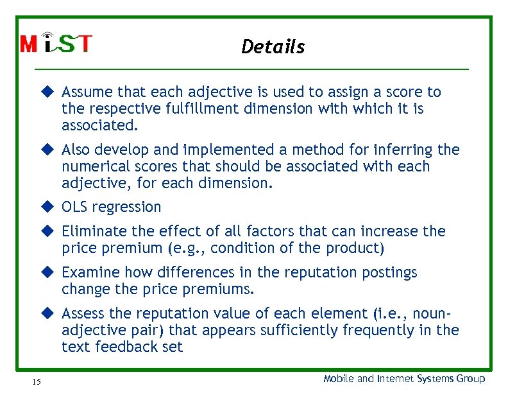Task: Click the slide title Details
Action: pyautogui.click(x=273, y=47)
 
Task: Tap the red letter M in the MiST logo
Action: pyautogui.click(x=29, y=44)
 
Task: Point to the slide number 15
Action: pyautogui.click(x=36, y=382)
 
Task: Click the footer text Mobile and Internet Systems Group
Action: pyautogui.click(x=404, y=379)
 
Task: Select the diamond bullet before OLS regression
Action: pyautogui.click(x=47, y=207)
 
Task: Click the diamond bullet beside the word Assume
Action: pyautogui.click(x=47, y=92)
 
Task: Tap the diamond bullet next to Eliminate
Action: pyautogui.click(x=47, y=231)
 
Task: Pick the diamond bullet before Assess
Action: pyautogui.click(x=47, y=313)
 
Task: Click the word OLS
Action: pyautogui.click(x=75, y=207)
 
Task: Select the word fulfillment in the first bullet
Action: pyautogui.click(x=208, y=109)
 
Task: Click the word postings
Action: pyautogui.click(x=389, y=273)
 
